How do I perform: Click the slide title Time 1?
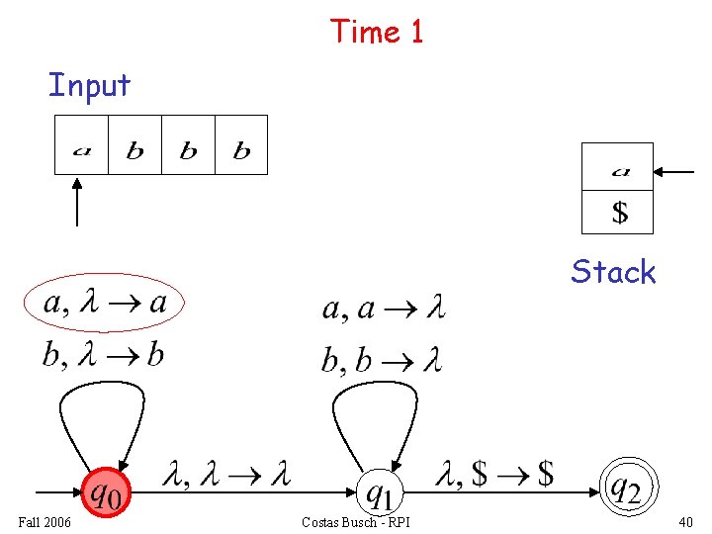377,31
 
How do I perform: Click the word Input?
89,85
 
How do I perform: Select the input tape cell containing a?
81,145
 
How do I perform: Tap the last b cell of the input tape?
241,145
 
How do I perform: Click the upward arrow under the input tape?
77,202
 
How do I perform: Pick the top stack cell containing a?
618,167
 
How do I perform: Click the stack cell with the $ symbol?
618,212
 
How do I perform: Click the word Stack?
613,272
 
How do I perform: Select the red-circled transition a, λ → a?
105,303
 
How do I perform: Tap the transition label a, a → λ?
384,310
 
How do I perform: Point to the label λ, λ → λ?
226,475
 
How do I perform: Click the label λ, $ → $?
494,475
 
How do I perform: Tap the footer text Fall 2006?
44,521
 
